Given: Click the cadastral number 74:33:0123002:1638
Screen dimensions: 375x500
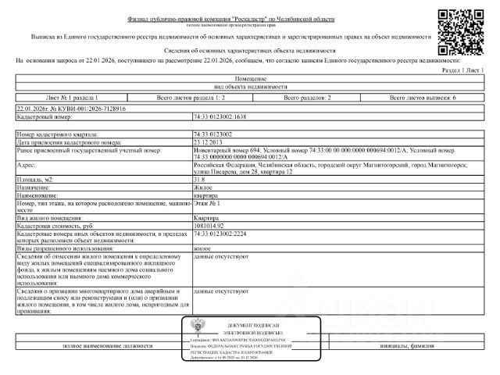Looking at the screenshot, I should point(220,116).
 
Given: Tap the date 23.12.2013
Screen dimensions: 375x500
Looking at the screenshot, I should point(208,141).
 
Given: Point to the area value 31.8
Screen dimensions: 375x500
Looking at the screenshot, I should point(200,180).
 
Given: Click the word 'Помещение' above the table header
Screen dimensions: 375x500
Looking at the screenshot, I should point(250,80).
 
